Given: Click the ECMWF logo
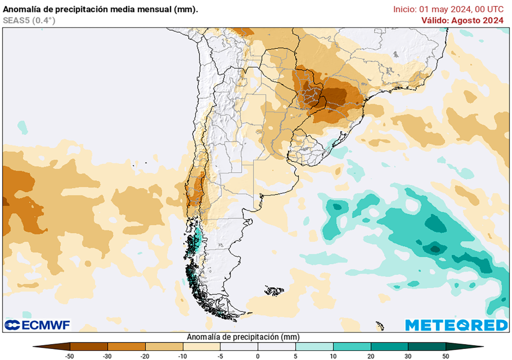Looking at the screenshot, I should point(37,325).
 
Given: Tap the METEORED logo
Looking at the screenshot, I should point(456,325).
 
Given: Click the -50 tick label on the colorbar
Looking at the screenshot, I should point(70,356).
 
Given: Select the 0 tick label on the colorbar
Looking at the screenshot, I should point(258,356).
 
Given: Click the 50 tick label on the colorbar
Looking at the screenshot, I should point(445,356).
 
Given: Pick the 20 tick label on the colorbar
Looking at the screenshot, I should point(370,356).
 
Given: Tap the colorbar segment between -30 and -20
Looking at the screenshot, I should point(126,346).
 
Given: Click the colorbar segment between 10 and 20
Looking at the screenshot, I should point(351,346).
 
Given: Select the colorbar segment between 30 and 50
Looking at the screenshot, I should point(426,346).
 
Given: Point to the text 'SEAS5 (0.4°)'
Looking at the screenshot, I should point(29,20).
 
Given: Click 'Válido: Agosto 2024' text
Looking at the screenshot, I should point(462,20).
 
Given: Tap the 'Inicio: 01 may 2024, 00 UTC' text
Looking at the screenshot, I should point(448,9).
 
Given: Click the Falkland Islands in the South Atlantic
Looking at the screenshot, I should point(274,290).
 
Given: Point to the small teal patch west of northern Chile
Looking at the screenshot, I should point(22,126).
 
